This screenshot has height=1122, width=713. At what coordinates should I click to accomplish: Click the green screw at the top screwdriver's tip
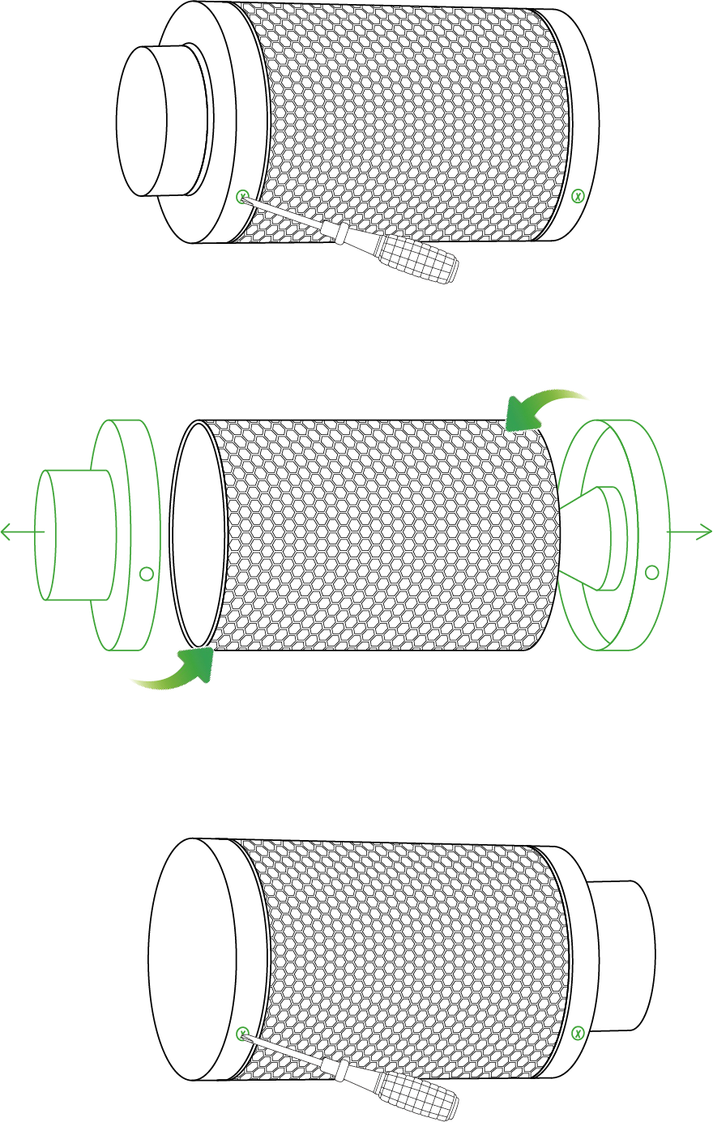[x=241, y=196]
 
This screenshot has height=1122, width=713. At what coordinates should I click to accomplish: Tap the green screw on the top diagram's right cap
[x=578, y=195]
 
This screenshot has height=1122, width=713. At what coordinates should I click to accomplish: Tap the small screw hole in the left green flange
[x=146, y=573]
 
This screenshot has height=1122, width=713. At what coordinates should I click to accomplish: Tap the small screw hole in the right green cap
[x=650, y=573]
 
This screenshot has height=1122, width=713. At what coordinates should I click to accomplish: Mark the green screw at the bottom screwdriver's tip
[x=241, y=1031]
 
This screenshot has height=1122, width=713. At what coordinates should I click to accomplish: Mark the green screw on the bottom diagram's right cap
[x=578, y=1031]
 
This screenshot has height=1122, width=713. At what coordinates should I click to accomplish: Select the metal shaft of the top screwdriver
[x=288, y=217]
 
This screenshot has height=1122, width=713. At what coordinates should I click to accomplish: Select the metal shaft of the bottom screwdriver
[x=288, y=1052]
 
